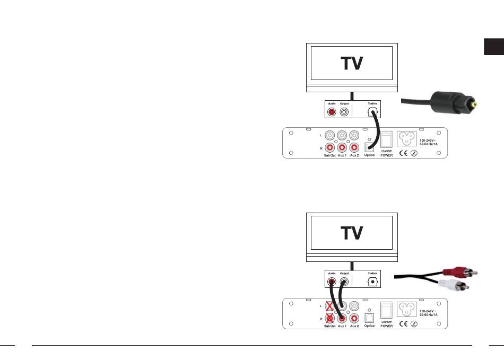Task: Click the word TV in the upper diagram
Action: tap(351, 63)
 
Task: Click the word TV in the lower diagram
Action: tap(351, 233)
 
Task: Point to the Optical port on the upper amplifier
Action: tap(370, 147)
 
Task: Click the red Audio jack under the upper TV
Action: tap(332, 112)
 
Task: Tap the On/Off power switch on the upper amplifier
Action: tap(386, 139)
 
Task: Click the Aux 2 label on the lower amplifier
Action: tap(354, 326)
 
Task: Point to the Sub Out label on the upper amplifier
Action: tap(330, 155)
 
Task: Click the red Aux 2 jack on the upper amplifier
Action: tap(354, 147)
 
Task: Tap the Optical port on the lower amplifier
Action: tap(370, 317)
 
